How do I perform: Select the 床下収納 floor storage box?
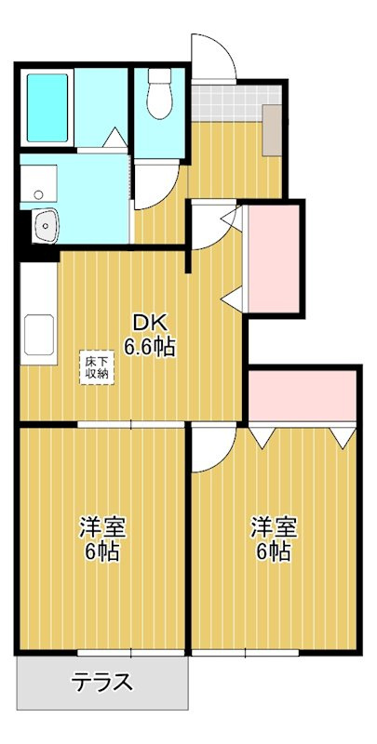click(98, 365)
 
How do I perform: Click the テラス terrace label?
click(101, 683)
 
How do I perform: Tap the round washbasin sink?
click(45, 224)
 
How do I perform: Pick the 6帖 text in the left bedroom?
click(101, 551)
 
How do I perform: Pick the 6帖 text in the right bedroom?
click(273, 551)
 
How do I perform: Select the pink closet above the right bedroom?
click(303, 395)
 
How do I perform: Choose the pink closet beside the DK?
click(272, 258)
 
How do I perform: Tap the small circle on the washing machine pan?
click(37, 194)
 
